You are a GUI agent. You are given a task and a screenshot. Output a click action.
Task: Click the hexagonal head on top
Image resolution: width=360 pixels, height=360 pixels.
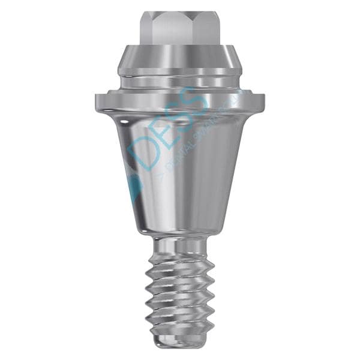click(179, 28)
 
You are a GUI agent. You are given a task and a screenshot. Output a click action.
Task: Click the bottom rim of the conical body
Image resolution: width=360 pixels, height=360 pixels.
click(179, 231)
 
